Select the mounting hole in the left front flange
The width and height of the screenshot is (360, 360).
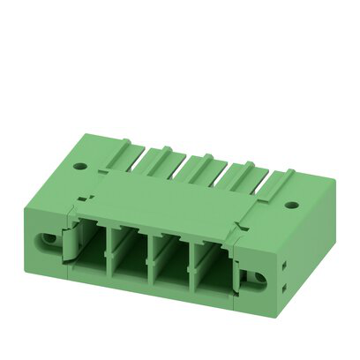(x=44, y=239)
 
